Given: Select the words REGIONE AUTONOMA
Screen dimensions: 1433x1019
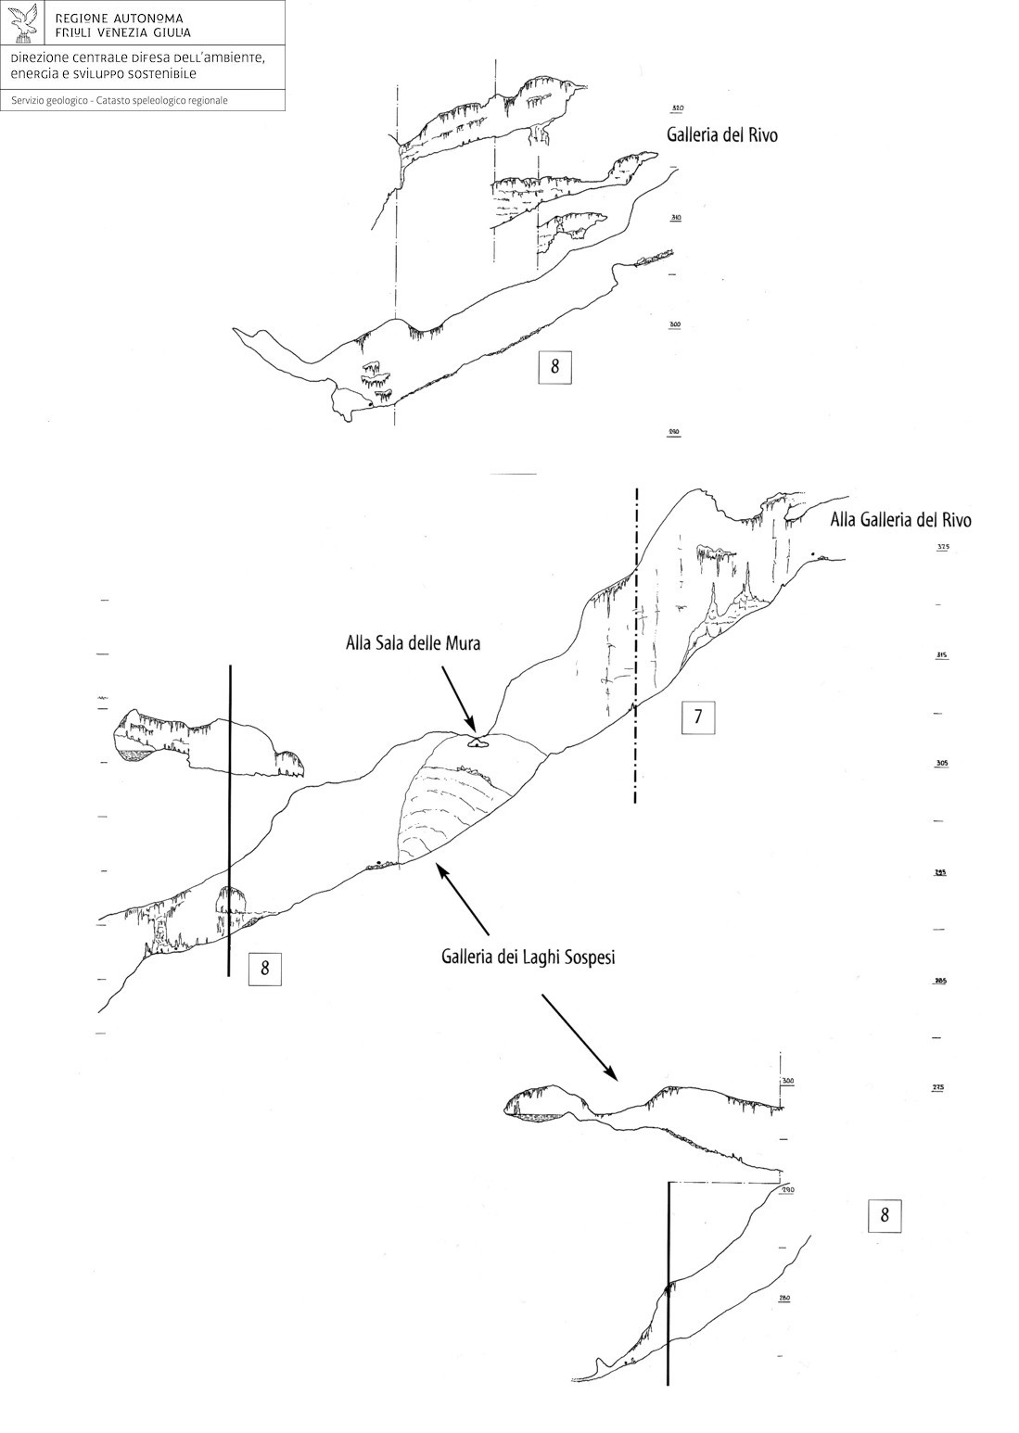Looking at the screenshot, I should coord(119,19).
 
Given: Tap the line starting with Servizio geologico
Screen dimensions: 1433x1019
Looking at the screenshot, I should coord(120,100).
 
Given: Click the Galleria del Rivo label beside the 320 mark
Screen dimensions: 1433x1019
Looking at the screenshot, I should coord(721,134).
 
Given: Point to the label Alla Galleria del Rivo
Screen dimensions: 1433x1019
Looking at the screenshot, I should coord(900,520).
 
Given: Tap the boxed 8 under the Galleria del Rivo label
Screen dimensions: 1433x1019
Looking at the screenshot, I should coord(554,366).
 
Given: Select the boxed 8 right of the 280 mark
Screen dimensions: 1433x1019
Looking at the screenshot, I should coord(884,1215).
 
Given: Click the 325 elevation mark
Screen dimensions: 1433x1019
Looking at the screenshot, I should coord(943,547).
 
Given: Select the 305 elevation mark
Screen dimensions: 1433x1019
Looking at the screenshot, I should coord(943,764).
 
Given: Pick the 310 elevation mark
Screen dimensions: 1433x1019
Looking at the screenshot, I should coord(675,218).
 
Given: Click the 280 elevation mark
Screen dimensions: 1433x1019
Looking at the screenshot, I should coord(784,1299).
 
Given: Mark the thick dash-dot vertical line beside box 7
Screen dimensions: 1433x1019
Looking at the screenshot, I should coord(636,649).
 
